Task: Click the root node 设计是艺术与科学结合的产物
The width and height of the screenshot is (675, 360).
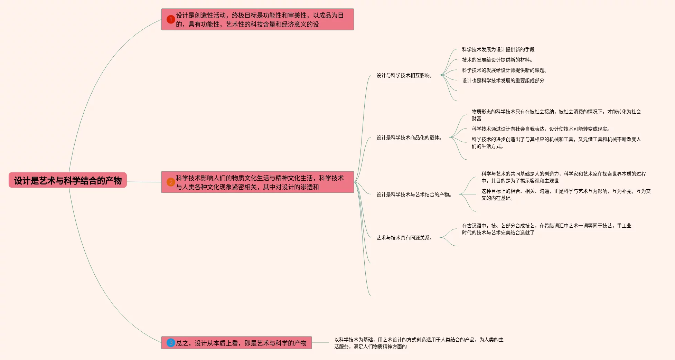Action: coord(68,180)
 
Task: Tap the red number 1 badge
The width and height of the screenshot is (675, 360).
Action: coord(170,19)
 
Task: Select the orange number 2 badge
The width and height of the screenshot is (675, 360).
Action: coord(170,182)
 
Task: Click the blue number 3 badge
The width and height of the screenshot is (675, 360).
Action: coord(170,343)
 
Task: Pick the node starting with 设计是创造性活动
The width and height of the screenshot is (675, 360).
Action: coord(259,20)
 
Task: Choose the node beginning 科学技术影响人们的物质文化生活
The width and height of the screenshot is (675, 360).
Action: coord(259,182)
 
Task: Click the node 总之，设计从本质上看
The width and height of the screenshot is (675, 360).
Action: coord(241,343)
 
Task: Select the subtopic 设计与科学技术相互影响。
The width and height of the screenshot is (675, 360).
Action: coord(404,75)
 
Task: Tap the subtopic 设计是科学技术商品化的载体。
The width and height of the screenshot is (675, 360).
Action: coord(409,138)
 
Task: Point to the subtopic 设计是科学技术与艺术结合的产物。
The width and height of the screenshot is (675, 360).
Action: coord(414,195)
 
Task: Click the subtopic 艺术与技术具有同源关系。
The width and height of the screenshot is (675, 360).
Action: coord(404,238)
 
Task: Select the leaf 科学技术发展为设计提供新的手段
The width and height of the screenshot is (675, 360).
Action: coord(498,49)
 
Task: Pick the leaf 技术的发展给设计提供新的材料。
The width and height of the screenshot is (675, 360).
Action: coord(497,60)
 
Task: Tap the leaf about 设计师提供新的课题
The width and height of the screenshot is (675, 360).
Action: coord(504,70)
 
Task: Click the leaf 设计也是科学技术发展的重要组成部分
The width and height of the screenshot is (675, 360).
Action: coord(503,80)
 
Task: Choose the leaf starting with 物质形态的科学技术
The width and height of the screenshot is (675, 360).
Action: coord(556,115)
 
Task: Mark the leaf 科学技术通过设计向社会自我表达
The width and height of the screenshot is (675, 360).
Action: coord(541,129)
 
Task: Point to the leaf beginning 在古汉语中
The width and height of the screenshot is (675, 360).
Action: coord(546,229)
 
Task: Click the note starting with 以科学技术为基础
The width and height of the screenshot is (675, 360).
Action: coord(419,343)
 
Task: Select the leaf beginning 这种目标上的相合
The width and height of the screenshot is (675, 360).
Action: coord(566,195)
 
